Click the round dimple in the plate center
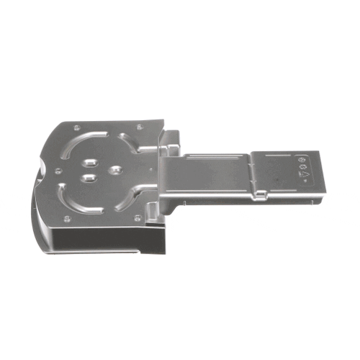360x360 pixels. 115,170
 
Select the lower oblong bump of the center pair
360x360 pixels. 89,176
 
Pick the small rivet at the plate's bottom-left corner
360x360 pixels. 67,218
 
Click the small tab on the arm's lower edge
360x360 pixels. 261,194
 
